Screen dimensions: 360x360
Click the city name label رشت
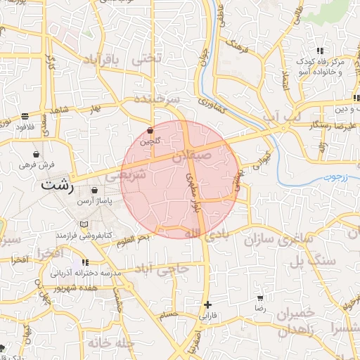[58, 187]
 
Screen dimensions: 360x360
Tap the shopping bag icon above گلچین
[150, 131]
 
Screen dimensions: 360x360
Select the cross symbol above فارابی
[207, 304]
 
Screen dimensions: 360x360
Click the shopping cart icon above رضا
[260, 298]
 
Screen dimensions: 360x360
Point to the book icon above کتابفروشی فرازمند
[84, 224]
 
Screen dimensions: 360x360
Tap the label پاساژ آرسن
[95, 200]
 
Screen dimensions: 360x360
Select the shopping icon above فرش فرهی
[36, 154]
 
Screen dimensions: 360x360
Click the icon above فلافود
[25, 116]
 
